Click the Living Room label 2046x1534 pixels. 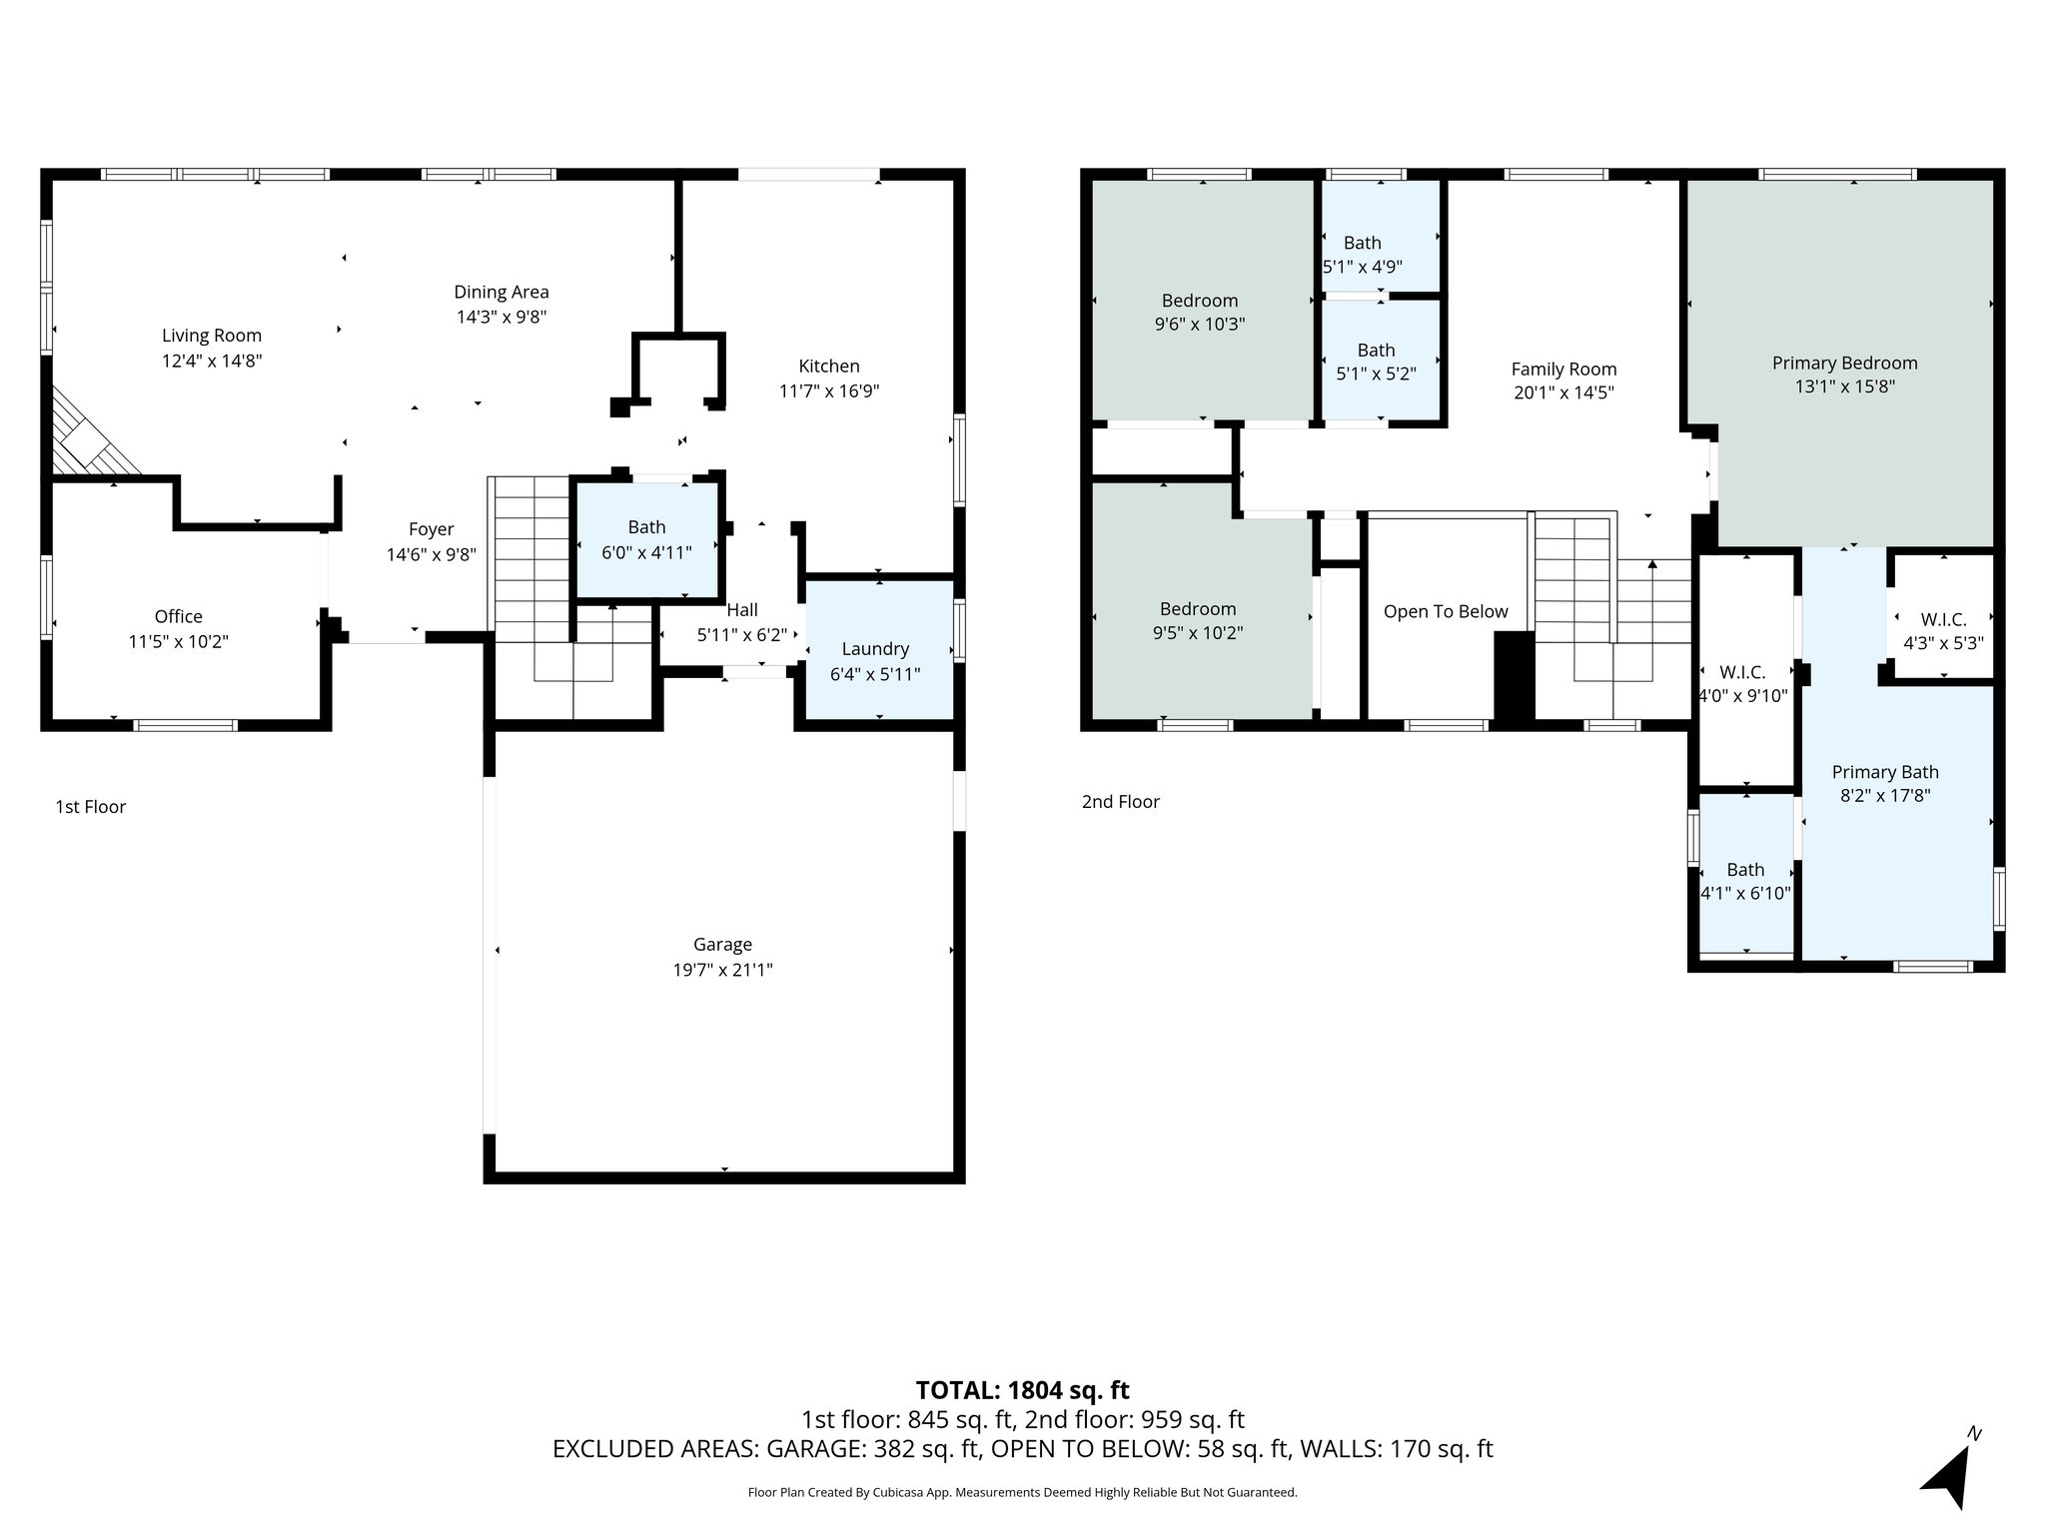point(212,337)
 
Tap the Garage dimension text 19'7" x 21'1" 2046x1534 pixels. point(722,970)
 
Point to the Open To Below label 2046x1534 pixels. point(1446,612)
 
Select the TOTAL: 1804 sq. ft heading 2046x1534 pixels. point(1022,1390)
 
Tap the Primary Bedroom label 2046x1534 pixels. point(1844,364)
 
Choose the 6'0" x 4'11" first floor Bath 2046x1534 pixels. point(646,539)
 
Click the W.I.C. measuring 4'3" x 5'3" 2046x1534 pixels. point(1943,631)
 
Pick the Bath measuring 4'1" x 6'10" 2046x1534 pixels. point(1745,881)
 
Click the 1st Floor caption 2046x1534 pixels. point(91,807)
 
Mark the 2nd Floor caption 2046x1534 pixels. point(1120,802)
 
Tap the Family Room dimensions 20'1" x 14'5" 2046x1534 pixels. point(1563,393)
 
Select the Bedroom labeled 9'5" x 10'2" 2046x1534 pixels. point(1198,620)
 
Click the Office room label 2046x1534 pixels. point(179,617)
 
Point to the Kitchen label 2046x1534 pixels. point(828,367)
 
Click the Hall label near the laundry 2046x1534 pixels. point(742,610)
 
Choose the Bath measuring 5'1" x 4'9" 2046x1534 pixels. point(1363,255)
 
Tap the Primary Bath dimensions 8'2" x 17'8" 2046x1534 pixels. point(1884,796)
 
